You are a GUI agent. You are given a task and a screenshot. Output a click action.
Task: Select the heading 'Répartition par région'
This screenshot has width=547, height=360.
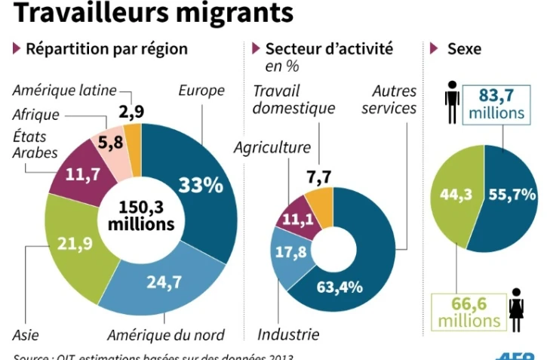point(106,50)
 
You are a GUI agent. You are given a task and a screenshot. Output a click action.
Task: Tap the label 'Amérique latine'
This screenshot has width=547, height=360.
point(65,91)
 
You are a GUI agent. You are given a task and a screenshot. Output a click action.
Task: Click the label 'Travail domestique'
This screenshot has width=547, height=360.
point(293,100)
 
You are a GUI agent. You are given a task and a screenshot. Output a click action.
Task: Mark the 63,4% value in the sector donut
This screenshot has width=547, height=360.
point(339,286)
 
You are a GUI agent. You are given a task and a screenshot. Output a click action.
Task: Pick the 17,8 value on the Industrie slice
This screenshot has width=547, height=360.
point(290,252)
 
